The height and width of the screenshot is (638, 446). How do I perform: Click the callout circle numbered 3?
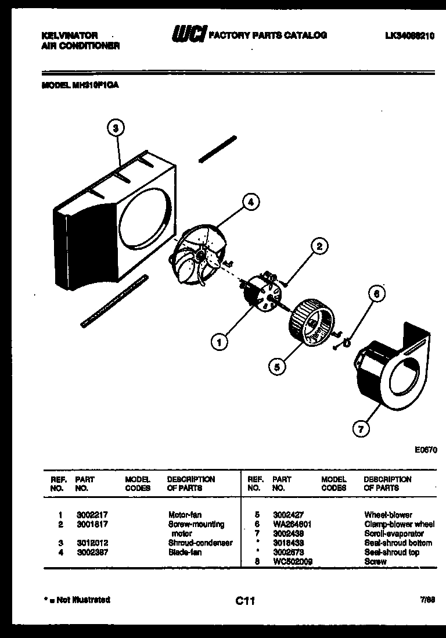pos(117,129)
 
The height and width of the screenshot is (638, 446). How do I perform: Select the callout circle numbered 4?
pos(250,202)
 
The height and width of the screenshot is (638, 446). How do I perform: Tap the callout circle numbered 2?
pos(319,246)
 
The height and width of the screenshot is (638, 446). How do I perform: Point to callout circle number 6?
pos(376,295)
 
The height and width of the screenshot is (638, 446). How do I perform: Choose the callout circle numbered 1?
pos(219,343)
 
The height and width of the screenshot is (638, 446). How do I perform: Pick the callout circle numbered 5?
pos(277,366)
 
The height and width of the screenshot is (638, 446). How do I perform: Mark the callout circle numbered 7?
pos(361,429)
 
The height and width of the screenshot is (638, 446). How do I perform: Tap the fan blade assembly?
pos(198,256)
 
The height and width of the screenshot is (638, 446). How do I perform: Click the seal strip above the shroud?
pos(218,149)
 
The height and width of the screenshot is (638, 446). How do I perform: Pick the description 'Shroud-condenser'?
pos(200,543)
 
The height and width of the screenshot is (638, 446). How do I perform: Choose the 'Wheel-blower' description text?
pos(388,515)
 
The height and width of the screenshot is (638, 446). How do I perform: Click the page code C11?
pos(246,601)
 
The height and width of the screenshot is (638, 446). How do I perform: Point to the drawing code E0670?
pos(426,449)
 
